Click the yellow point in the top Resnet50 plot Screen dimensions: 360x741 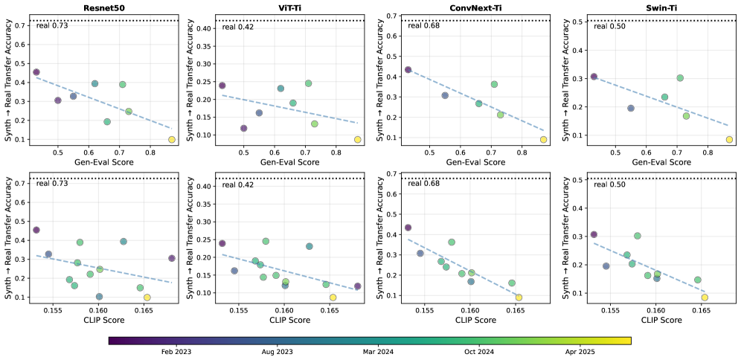coord(172,139)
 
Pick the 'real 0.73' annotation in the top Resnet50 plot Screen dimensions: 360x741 coord(52,26)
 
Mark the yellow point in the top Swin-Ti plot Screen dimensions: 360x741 coord(729,139)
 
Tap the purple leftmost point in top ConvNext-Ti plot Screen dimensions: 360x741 coord(408,70)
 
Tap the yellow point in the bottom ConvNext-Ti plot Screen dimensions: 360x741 coord(519,298)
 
